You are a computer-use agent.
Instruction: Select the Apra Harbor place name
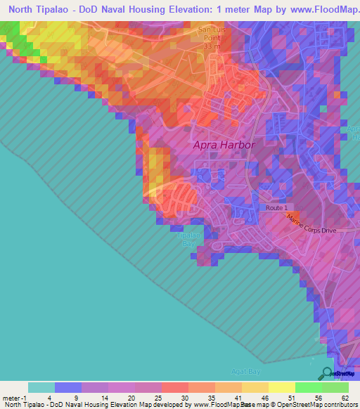[224, 145]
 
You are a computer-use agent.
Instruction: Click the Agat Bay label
[245, 370]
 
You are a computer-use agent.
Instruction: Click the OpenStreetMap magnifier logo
[326, 373]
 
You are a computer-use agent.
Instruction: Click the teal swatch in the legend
[41, 387]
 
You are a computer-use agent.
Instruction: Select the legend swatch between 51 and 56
[308, 387]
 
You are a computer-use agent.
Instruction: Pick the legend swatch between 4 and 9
[68, 387]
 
